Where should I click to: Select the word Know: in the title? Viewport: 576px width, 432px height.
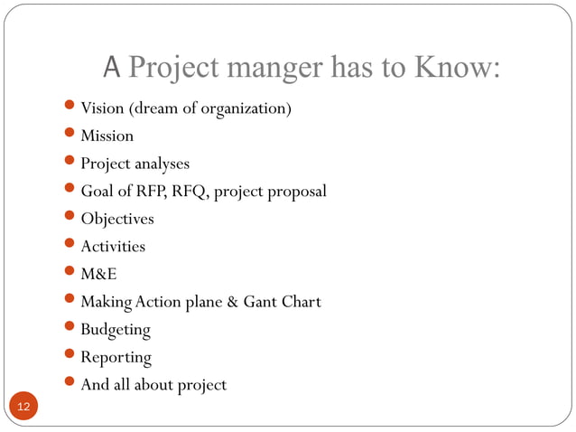pos(456,68)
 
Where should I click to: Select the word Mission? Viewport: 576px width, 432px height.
pos(107,136)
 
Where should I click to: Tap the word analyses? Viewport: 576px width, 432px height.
pos(163,164)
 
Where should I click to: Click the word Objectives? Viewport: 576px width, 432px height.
pos(117,220)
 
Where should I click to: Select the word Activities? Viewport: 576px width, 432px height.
pos(113,247)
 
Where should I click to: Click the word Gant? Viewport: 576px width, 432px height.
pos(261,302)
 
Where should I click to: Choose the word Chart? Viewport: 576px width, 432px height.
pos(302,302)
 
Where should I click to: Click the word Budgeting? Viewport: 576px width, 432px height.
pos(116,330)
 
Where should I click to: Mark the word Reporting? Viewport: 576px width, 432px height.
pos(116,358)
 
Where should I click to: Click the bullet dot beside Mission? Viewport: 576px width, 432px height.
pos(71,136)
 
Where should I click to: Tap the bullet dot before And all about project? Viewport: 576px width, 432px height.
pos(71,385)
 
